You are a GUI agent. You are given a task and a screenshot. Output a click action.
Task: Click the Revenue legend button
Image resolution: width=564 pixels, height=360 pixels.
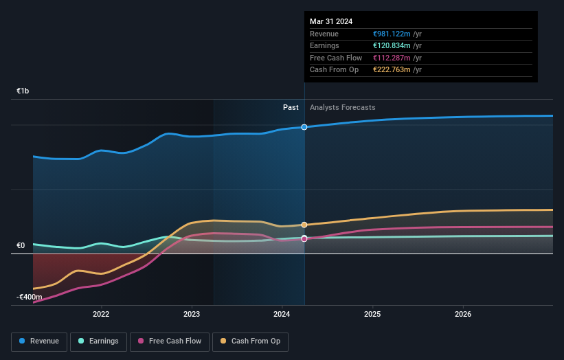40,341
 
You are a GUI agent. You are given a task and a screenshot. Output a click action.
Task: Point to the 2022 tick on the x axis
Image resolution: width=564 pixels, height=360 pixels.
101,315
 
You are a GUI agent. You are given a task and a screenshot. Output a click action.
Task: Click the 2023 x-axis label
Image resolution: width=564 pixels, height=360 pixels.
192,315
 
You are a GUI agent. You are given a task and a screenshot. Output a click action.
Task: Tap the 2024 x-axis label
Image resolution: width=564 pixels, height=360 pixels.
282,315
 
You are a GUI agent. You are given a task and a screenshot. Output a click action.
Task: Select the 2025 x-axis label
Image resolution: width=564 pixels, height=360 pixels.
372,315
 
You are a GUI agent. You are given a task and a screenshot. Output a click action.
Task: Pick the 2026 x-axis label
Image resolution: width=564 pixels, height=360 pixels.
463,315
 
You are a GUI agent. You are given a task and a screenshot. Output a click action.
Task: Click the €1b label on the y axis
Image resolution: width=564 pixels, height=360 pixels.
23,91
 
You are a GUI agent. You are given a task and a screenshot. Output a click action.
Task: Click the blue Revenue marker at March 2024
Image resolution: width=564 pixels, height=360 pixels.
304,127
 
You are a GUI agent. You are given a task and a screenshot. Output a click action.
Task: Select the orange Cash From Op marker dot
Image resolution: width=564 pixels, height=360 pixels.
304,225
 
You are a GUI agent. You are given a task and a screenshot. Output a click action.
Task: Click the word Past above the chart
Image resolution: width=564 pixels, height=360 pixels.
291,107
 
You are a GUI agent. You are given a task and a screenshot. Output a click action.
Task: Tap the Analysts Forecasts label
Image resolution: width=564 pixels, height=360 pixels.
343,107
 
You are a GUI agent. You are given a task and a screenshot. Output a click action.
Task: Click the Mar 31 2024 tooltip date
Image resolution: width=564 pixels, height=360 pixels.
331,21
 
